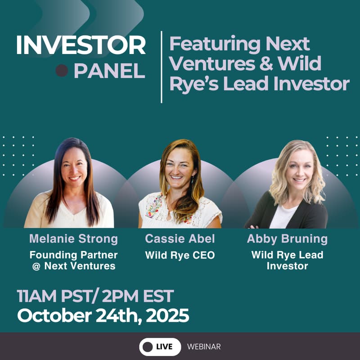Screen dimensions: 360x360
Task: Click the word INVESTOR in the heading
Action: pyautogui.click(x=81, y=45)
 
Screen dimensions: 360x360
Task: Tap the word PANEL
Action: pyautogui.click(x=109, y=71)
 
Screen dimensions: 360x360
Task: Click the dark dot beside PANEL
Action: pyautogui.click(x=62, y=71)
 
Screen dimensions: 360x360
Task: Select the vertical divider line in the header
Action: pyautogui.click(x=161, y=67)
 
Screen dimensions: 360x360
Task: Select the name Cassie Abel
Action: pyautogui.click(x=180, y=239)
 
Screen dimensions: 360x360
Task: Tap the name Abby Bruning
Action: pyautogui.click(x=287, y=239)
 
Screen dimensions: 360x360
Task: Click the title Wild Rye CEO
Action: pyautogui.click(x=180, y=256)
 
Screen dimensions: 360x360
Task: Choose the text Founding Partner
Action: pyautogui.click(x=74, y=255)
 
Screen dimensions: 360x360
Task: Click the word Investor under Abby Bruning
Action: pyautogui.click(x=287, y=266)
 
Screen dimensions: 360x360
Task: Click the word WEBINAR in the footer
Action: pyautogui.click(x=204, y=347)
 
